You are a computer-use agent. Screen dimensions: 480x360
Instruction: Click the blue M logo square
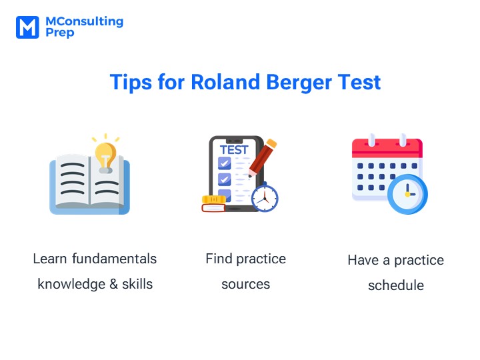coord(27,27)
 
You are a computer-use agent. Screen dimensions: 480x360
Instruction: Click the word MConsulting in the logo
coord(85,21)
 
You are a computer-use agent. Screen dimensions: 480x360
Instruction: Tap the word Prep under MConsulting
coord(60,33)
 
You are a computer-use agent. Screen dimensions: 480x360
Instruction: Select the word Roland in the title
coord(225,82)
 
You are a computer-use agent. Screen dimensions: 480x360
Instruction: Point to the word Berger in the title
coord(299,83)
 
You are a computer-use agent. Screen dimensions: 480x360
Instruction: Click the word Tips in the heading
coord(131,83)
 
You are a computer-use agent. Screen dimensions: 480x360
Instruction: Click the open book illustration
coord(90,184)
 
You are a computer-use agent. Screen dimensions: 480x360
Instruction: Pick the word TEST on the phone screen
coord(234,150)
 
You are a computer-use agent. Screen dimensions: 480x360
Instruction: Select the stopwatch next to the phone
coord(265,197)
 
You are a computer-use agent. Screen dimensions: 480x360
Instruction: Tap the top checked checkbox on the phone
coord(225,163)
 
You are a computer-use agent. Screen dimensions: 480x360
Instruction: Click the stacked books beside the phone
coord(214,204)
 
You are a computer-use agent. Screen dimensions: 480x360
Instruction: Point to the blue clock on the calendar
coord(407,194)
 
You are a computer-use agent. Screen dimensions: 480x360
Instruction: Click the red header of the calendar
coord(387,147)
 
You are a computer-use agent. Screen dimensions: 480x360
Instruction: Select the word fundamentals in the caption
coord(115,259)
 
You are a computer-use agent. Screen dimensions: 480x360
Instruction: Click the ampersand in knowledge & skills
coord(113,284)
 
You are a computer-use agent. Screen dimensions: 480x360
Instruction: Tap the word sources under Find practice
coord(246,285)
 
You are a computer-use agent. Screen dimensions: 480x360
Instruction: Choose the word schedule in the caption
coord(396,285)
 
